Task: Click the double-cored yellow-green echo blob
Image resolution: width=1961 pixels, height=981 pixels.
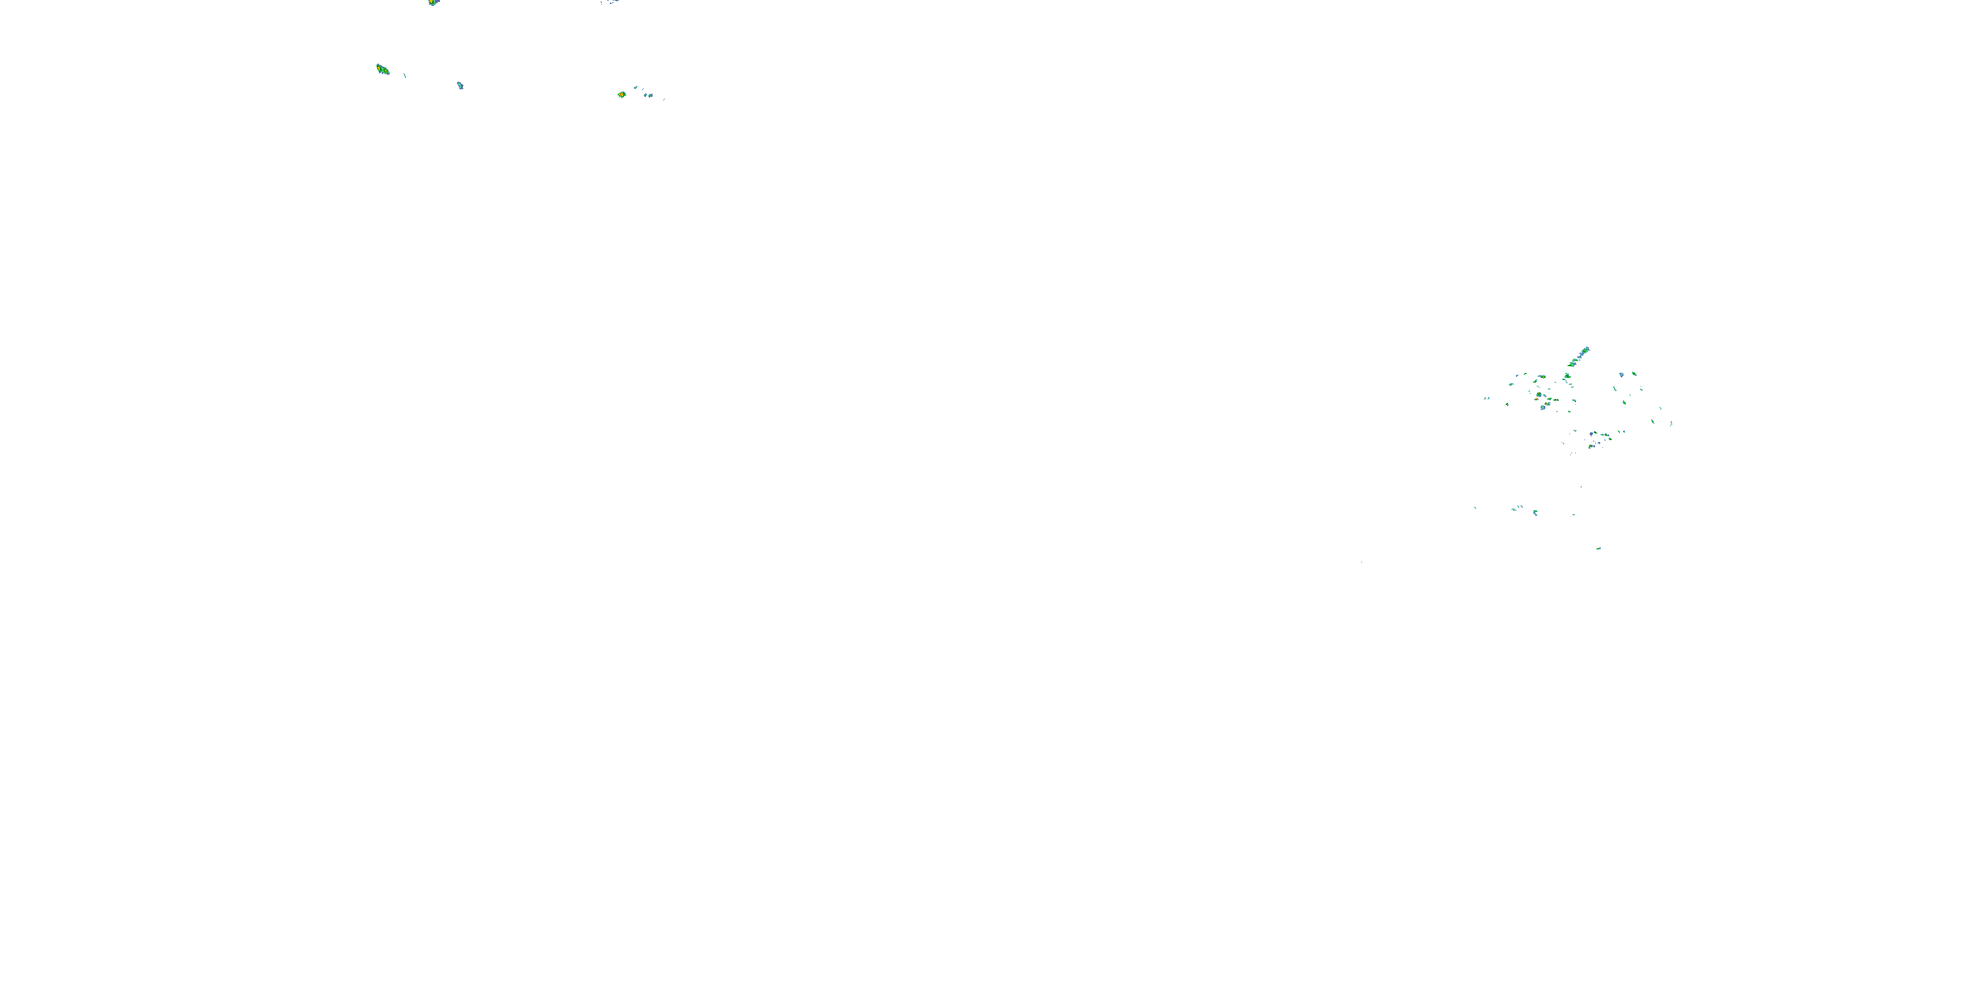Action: (382, 70)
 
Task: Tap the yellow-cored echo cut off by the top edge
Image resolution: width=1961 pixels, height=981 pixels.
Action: (433, 2)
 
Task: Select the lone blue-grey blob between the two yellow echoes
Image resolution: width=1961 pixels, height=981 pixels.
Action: (460, 85)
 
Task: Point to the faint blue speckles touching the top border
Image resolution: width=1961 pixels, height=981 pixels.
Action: (611, 2)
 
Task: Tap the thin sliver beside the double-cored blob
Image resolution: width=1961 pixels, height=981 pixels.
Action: (404, 75)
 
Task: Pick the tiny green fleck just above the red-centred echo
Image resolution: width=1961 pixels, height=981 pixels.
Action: (635, 88)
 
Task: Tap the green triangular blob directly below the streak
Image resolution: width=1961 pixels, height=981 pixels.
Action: (1567, 376)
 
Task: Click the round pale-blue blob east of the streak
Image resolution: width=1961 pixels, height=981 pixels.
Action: (1622, 375)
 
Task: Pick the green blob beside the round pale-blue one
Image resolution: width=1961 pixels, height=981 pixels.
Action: (1634, 374)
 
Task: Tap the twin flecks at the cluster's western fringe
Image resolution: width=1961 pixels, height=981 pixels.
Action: (1486, 398)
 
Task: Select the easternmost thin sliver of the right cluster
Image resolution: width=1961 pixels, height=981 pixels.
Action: (1671, 424)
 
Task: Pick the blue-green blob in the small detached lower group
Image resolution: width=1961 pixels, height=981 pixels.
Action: (1535, 512)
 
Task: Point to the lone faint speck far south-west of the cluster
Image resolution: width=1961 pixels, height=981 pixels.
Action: (1361, 562)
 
